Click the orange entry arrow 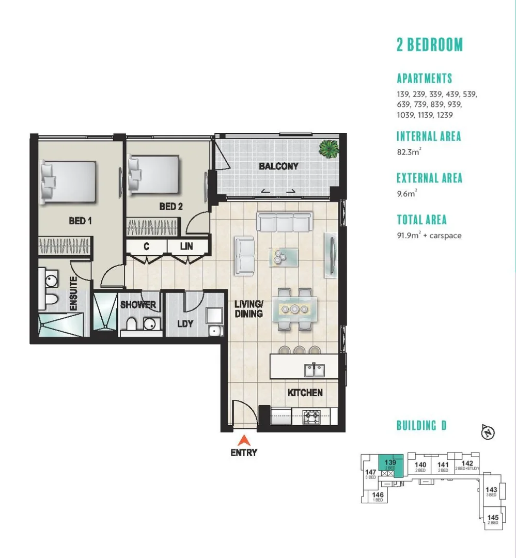click(244, 440)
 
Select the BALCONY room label click(278, 166)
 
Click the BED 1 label click(80, 221)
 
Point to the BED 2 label click(171, 207)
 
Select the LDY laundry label click(185, 324)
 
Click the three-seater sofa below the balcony click(284, 223)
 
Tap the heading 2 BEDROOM click(430, 45)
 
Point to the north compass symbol click(487, 432)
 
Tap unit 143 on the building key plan click(491, 490)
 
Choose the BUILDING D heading click(421, 426)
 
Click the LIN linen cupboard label click(186, 246)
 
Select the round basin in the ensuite click(51, 281)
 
